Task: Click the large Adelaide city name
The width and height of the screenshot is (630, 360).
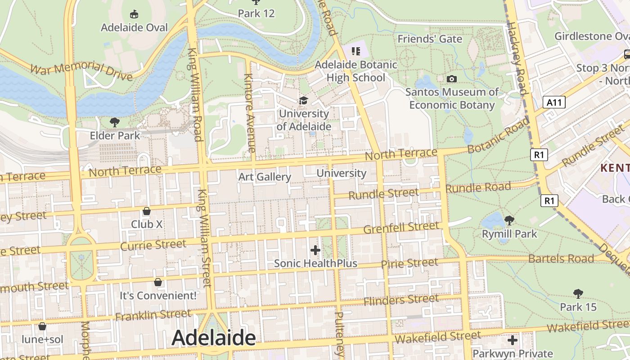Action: [x=213, y=338]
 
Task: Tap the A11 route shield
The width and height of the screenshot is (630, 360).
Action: [x=553, y=103]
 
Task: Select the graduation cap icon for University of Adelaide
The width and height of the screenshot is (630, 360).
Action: [x=304, y=100]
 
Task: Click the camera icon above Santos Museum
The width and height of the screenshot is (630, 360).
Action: [x=452, y=79]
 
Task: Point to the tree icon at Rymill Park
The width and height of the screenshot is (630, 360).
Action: [x=509, y=220]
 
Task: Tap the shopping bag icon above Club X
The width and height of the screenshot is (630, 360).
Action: [x=147, y=211]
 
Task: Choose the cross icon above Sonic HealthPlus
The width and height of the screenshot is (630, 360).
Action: [x=315, y=250]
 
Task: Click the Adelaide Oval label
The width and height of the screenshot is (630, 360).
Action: [x=134, y=27]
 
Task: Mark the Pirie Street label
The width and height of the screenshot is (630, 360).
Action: [x=409, y=263]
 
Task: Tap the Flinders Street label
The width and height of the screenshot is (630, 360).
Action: [x=401, y=299]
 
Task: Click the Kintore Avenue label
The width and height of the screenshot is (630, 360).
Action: [x=250, y=112]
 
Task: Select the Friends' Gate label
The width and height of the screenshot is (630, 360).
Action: [x=430, y=39]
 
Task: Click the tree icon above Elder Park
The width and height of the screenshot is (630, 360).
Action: [x=115, y=122]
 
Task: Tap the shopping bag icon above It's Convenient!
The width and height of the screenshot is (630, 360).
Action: [x=158, y=282]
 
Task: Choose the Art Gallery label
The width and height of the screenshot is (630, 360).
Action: [x=265, y=177]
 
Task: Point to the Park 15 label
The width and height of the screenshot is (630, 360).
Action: [x=578, y=307]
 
